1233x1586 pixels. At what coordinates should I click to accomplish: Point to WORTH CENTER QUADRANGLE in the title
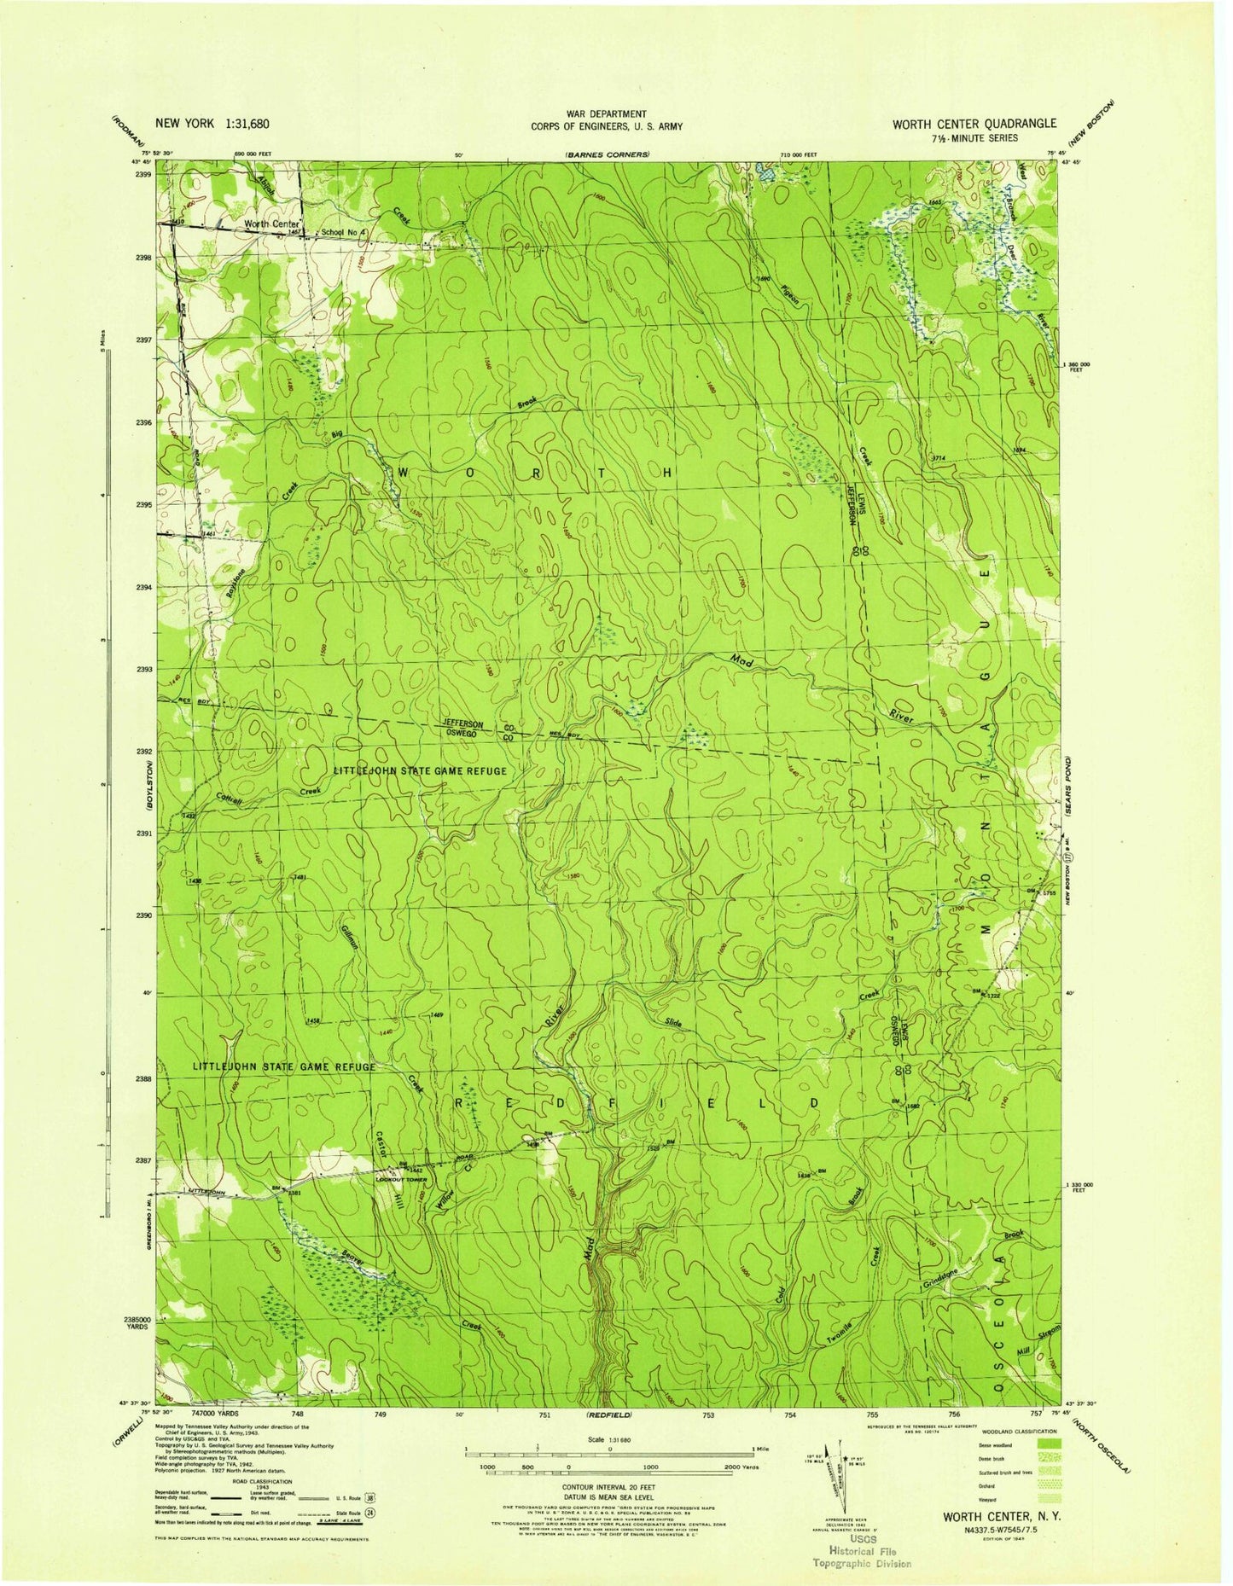click(974, 124)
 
